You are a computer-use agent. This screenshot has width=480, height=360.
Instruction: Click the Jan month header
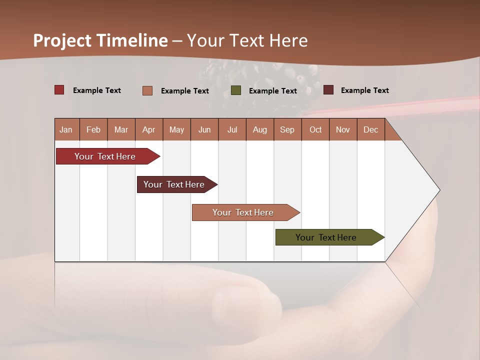click(x=66, y=129)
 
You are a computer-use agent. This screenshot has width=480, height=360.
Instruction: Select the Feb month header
click(x=93, y=129)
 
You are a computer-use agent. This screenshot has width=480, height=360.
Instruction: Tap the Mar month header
click(x=121, y=129)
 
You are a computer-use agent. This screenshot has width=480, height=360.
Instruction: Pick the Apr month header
click(x=149, y=129)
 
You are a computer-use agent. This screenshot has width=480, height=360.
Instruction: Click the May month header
click(x=176, y=129)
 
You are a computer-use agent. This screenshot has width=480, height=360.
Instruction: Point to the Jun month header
click(x=204, y=129)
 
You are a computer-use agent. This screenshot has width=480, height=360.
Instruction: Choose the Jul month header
click(x=232, y=129)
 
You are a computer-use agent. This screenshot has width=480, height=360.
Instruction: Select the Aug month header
click(x=260, y=129)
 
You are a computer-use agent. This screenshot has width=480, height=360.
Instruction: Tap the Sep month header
click(x=287, y=129)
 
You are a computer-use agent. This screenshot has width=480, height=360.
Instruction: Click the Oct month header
click(x=315, y=129)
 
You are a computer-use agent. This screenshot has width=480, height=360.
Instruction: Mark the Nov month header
click(x=343, y=129)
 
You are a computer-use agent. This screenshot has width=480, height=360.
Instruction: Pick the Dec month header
click(x=370, y=129)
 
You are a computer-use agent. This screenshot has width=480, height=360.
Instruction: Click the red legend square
click(x=59, y=90)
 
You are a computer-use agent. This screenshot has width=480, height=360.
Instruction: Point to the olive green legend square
click(x=236, y=90)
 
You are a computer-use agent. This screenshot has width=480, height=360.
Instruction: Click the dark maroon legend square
click(x=328, y=90)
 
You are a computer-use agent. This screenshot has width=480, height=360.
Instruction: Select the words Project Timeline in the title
click(x=100, y=40)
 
